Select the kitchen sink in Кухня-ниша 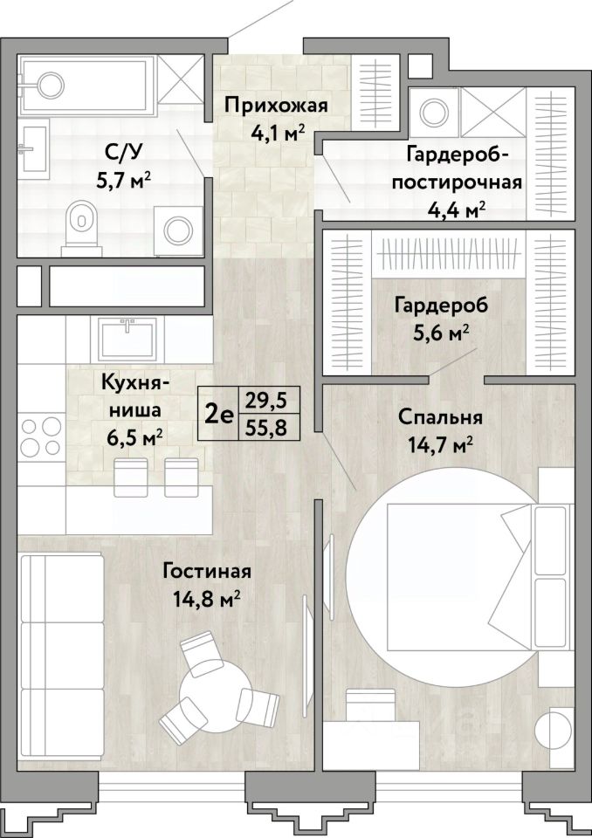tap(127, 338)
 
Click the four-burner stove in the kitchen tap(41, 436)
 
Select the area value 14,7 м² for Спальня tap(440, 443)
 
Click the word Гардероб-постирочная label tap(458, 168)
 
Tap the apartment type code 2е tap(219, 414)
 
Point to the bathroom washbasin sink tap(34, 146)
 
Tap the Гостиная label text tap(207, 571)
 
